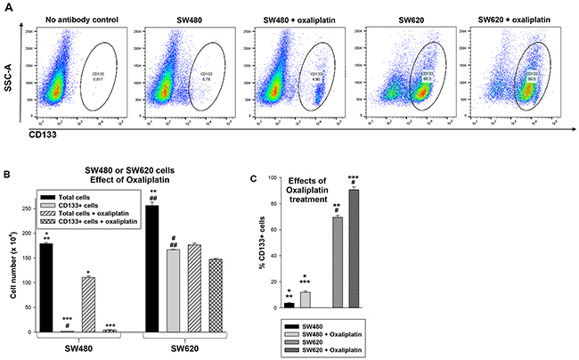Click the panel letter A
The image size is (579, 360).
pyautogui.click(x=8, y=6)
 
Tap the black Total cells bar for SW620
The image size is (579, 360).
pyautogui.click(x=151, y=268)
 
